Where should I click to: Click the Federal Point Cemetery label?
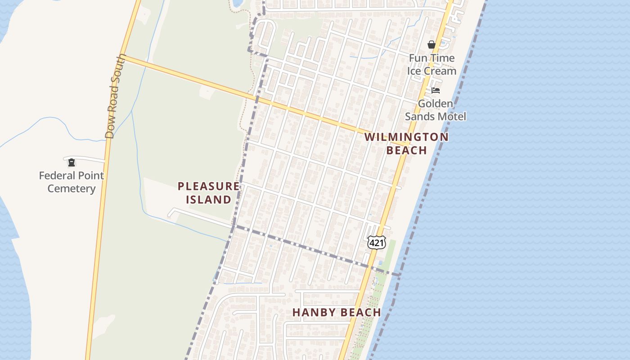(72, 182)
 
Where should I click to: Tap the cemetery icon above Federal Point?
(71, 162)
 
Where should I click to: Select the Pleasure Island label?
(208, 193)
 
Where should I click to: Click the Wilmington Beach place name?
(406, 144)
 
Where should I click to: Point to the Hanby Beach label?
(337, 312)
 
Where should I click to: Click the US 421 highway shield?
(376, 243)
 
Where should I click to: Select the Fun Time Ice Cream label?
(432, 64)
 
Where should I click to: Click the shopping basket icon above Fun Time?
(431, 45)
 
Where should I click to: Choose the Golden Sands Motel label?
(435, 110)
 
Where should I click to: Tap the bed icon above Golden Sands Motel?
(435, 90)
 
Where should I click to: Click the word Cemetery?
(72, 189)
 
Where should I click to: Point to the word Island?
(209, 199)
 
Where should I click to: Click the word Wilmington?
(406, 137)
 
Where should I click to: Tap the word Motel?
(451, 117)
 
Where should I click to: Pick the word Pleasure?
(208, 186)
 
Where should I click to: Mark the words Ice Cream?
(432, 71)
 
